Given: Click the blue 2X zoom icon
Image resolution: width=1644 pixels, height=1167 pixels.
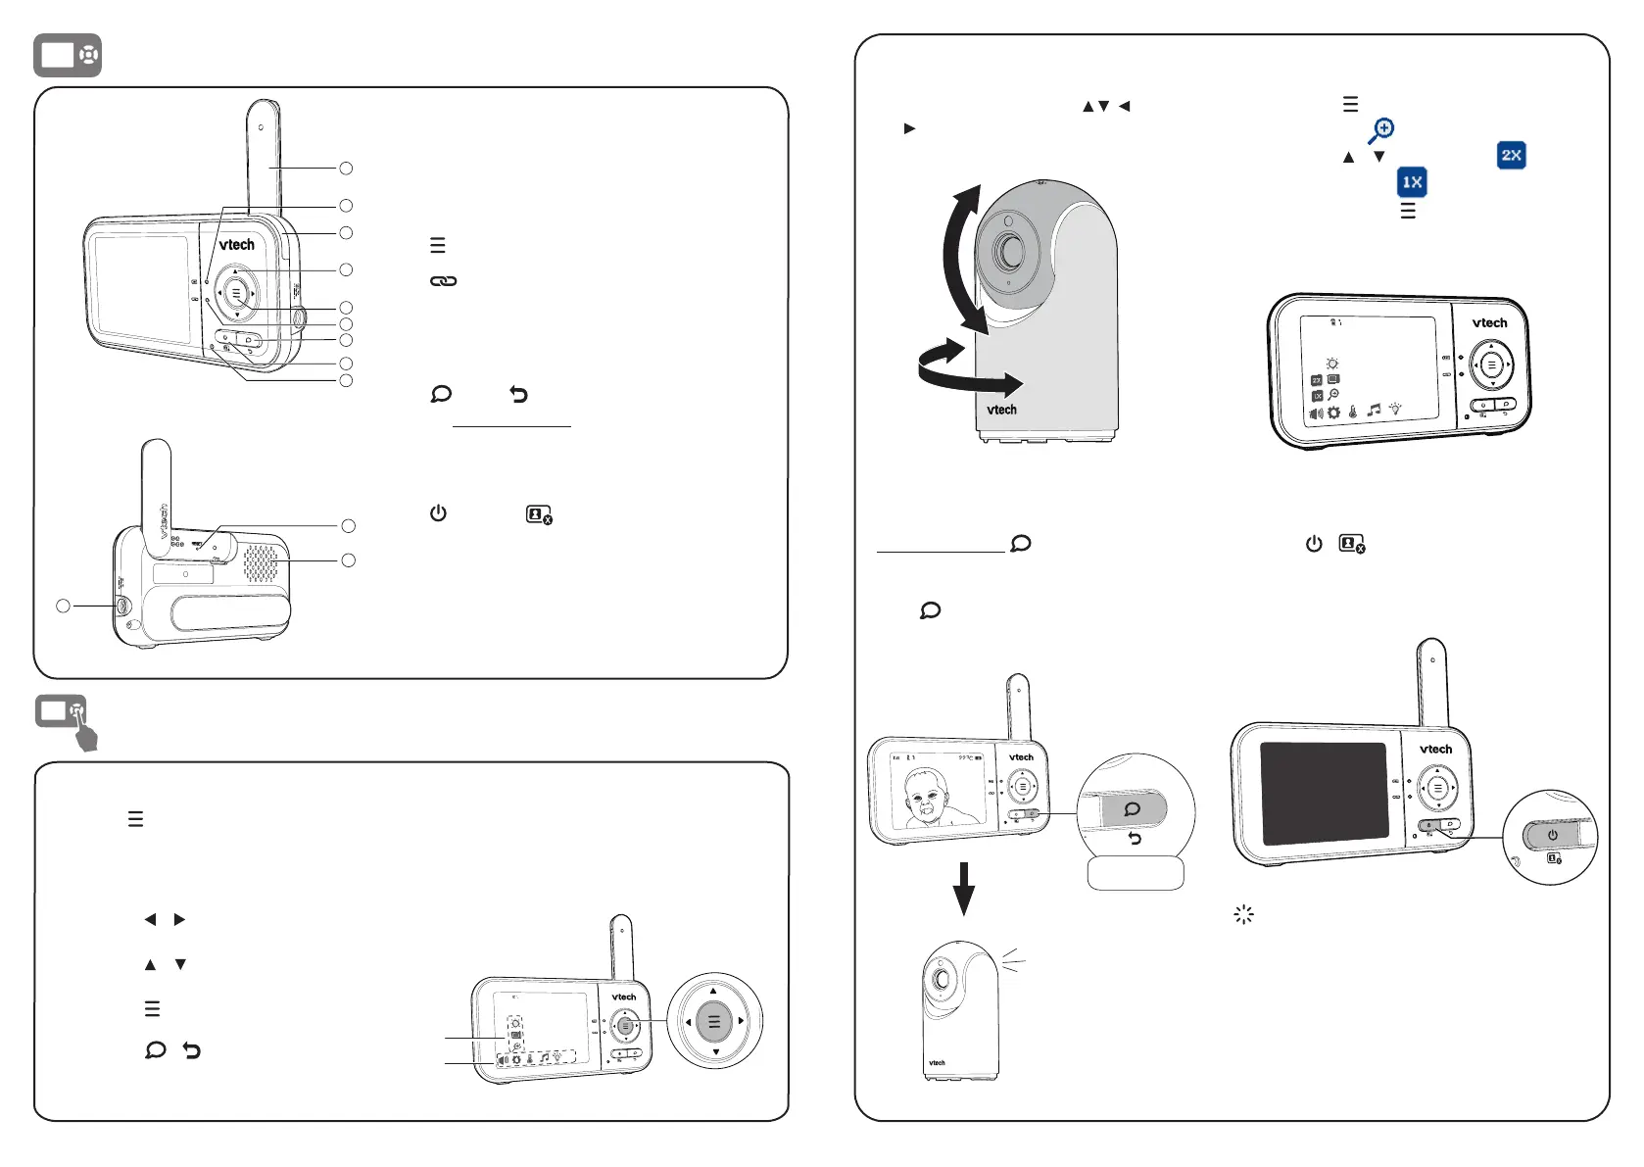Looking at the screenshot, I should click(x=1512, y=156).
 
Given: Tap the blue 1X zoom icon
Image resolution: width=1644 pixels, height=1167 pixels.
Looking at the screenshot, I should click(x=1412, y=182).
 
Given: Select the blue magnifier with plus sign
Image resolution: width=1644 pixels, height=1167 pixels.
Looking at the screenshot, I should click(x=1381, y=130).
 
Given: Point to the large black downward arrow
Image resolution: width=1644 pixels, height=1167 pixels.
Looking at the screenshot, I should click(x=964, y=888).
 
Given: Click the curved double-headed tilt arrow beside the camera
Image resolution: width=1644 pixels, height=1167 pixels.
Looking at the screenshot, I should click(x=960, y=259).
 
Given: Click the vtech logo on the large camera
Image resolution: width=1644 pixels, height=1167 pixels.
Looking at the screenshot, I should click(x=1001, y=410).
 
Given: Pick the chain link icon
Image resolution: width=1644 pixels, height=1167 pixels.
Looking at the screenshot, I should click(x=444, y=281).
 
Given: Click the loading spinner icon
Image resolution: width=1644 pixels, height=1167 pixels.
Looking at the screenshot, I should click(x=1243, y=915).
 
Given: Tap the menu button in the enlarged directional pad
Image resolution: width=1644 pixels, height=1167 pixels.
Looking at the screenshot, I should click(x=714, y=1022).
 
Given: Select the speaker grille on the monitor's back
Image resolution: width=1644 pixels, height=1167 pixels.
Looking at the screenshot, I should click(x=260, y=562).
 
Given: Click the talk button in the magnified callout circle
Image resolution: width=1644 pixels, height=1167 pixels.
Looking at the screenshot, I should click(x=1133, y=809).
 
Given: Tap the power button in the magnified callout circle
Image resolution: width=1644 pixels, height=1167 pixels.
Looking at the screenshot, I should click(x=1553, y=835).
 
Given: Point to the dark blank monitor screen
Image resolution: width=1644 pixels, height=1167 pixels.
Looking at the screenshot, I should click(x=1324, y=793).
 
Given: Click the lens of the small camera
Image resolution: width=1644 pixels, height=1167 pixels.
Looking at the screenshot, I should click(x=942, y=979).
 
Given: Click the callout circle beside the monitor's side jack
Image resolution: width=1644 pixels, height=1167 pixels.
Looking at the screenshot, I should click(x=64, y=606).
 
